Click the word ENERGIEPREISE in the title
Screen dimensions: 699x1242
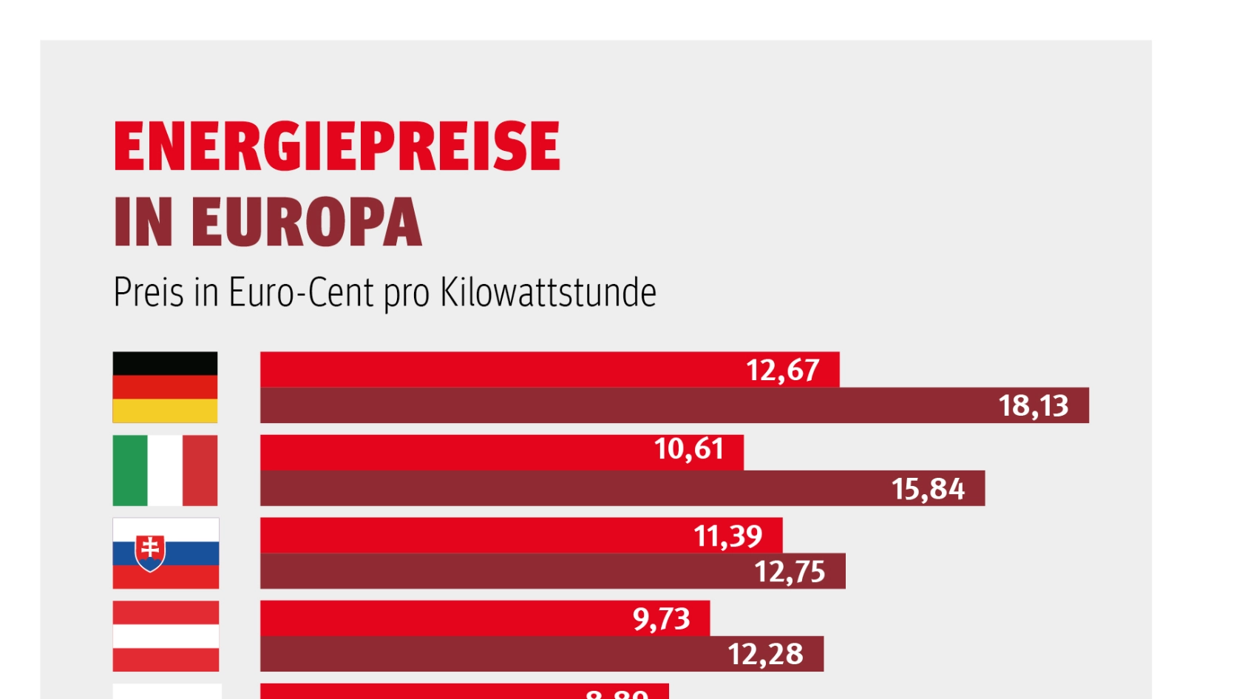pos(337,146)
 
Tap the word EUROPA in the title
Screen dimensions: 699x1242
pos(306,222)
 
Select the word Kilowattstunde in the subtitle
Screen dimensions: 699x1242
pos(548,293)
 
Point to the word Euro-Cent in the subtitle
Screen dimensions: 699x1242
pos(301,293)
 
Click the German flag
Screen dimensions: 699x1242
pos(165,387)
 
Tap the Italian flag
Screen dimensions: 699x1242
pos(165,470)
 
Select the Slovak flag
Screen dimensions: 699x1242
pos(166,553)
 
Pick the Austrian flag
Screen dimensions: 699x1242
pos(166,636)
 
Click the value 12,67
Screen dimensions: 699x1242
pos(782,370)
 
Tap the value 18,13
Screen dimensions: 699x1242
pos(1034,405)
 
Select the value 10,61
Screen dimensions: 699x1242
pos(688,449)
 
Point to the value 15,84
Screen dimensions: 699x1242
pos(928,489)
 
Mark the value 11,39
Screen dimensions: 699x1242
pos(727,536)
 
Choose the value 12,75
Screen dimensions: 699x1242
pos(789,572)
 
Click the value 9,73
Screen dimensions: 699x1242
pos(661,618)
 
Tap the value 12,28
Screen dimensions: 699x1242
pos(765,654)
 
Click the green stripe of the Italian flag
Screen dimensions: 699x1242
pos(130,470)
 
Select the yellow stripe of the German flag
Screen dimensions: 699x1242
pos(165,411)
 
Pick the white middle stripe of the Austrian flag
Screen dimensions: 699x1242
pos(166,636)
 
